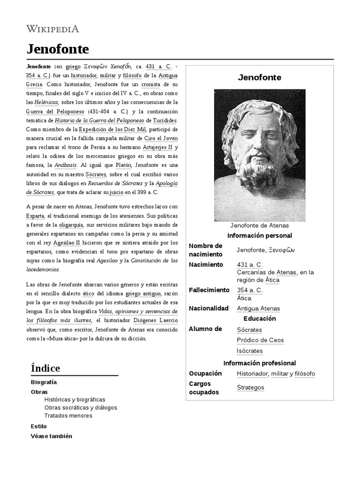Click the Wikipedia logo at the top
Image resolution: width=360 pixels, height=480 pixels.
(52, 29)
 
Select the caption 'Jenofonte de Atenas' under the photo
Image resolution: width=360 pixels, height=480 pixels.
(259, 225)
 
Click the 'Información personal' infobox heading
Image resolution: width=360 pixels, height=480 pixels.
(259, 235)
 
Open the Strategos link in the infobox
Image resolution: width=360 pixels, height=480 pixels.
(250, 388)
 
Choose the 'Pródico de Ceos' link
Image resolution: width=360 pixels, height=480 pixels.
(260, 340)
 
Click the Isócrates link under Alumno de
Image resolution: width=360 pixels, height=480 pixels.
(249, 351)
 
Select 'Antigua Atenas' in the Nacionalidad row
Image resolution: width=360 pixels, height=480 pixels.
(258, 308)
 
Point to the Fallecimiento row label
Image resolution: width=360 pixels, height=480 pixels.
(209, 290)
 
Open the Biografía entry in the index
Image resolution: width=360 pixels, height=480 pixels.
(44, 382)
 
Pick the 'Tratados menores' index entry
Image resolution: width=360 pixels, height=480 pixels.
(68, 415)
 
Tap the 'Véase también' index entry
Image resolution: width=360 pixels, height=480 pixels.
(52, 435)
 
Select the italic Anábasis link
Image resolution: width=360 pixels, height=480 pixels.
(65, 165)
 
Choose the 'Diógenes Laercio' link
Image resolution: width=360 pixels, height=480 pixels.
(156, 320)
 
